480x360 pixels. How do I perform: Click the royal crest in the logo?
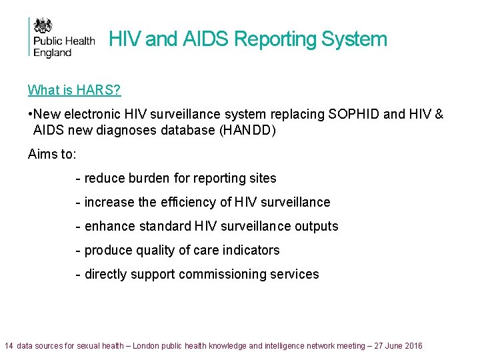pos(43,26)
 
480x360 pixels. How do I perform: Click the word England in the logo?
pos(53,53)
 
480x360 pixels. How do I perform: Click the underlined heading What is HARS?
pos(74,90)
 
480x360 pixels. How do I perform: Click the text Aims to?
pos(52,155)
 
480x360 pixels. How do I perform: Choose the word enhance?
pos(110,227)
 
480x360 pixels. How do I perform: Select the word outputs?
pos(317,227)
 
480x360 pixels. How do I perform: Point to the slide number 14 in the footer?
pos(9,346)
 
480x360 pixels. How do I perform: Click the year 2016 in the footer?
pos(413,346)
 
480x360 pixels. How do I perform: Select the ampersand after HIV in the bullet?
pos(438,115)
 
